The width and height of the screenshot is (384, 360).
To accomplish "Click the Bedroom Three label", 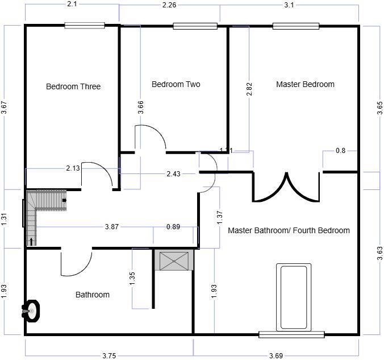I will point(73,87).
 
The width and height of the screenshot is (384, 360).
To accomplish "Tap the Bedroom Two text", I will point(176,85).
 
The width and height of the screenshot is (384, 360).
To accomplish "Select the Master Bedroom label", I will point(305,85).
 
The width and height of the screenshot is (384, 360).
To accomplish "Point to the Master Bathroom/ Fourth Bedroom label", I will point(289,231).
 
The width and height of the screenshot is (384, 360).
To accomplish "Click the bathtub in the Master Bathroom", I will point(293,297).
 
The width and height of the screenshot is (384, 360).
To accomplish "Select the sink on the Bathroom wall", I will point(31,311).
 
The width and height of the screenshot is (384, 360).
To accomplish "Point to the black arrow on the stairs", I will point(31,242).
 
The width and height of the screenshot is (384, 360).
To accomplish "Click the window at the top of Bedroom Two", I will point(195,26).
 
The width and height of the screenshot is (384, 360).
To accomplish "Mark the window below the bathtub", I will point(291,334).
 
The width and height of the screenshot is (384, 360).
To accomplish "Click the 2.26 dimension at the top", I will point(169,6).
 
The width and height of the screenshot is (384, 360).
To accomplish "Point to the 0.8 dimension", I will point(340,151).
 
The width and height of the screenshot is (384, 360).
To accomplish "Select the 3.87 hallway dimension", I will point(112,226).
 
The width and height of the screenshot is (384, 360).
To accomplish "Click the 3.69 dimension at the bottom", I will point(276,355).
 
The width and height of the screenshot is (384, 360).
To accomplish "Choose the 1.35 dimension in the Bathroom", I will point(132,278).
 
